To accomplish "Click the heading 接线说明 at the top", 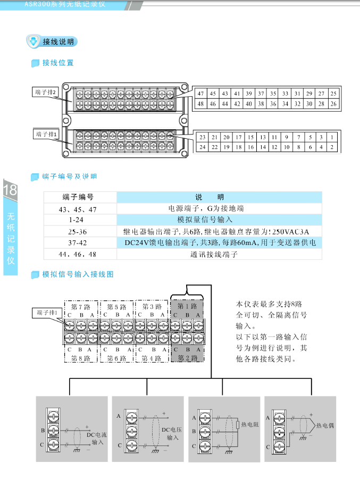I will click(x=58, y=41).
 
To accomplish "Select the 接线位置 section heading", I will click(x=58, y=63).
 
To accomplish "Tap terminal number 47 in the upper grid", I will click(x=200, y=94).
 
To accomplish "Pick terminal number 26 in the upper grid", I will click(x=333, y=103).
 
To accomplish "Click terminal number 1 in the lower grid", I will click(x=332, y=137).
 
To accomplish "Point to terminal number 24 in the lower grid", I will click(x=202, y=147).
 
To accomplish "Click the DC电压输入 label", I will click(x=172, y=433).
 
